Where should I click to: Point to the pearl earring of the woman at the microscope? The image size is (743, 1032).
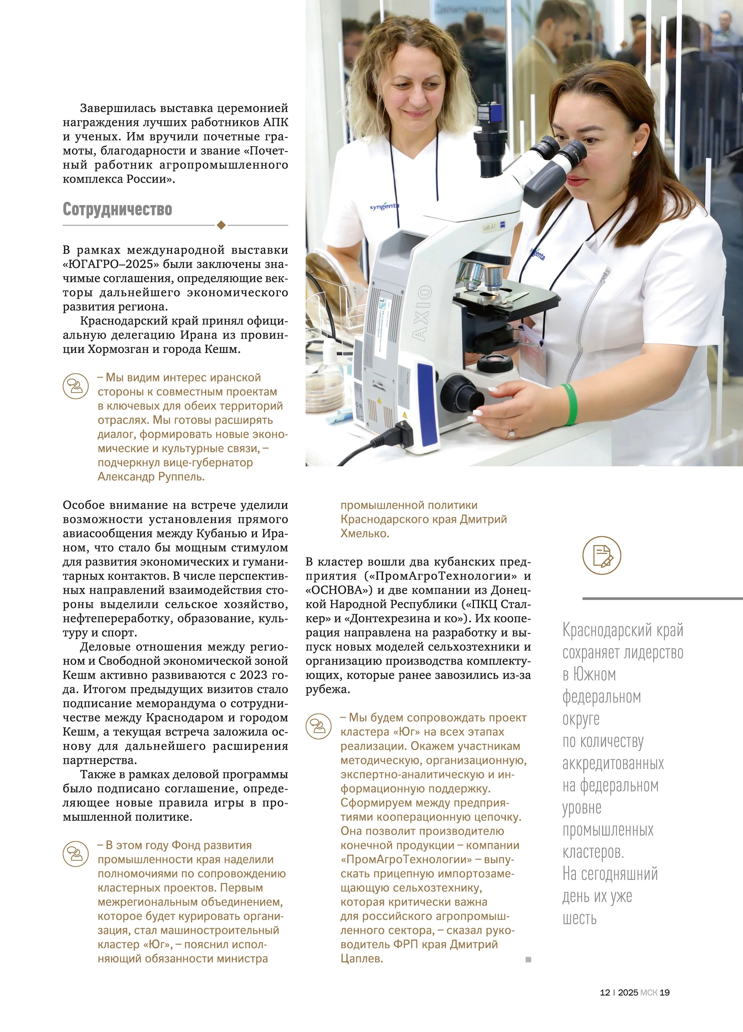(x=635, y=153)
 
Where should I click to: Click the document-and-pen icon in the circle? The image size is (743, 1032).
(x=602, y=555)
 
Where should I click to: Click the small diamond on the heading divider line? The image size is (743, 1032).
(x=221, y=225)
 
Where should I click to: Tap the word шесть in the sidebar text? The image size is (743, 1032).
(x=579, y=918)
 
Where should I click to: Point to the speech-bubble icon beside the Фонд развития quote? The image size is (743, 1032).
(x=76, y=854)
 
